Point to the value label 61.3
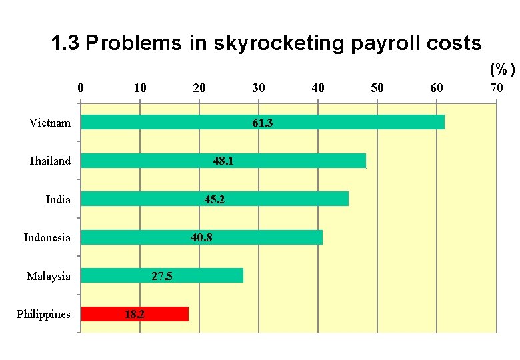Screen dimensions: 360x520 point(263,123)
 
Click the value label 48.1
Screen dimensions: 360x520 point(223,161)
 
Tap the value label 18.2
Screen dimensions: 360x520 point(135,314)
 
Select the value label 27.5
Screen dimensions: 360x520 point(162,276)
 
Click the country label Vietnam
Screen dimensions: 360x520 point(50,123)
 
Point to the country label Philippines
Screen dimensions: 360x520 point(43,314)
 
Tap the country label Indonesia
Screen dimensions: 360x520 point(47,237)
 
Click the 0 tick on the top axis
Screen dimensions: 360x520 point(81,88)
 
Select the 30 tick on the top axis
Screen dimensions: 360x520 point(259,88)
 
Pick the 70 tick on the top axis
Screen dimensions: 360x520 point(496,88)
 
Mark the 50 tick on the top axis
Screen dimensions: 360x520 point(377,88)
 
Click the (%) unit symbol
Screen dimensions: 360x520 point(502,69)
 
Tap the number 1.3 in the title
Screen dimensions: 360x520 point(65,44)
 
